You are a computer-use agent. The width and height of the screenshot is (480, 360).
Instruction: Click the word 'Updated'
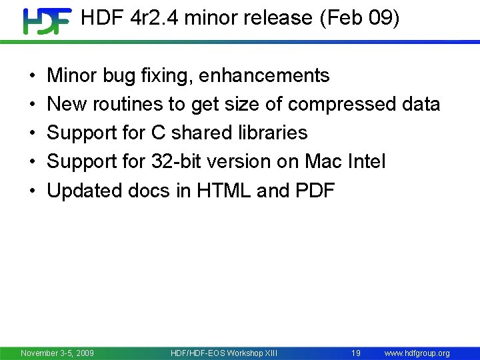pos(84,191)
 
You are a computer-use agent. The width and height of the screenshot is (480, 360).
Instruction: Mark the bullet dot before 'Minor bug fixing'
pos(33,77)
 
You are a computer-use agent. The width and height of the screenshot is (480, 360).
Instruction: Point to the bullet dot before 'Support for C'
pos(33,134)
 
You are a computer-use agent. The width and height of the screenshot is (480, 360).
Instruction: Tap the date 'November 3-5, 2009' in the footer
pos(57,353)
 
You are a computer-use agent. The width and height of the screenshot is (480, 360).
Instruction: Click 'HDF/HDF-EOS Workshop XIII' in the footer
pos(224,353)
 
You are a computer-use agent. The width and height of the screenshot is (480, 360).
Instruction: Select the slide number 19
pos(356,353)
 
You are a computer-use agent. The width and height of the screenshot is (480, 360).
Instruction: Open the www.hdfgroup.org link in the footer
pos(417,353)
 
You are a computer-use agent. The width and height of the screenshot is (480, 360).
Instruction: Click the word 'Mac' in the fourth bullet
pos(323,162)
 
